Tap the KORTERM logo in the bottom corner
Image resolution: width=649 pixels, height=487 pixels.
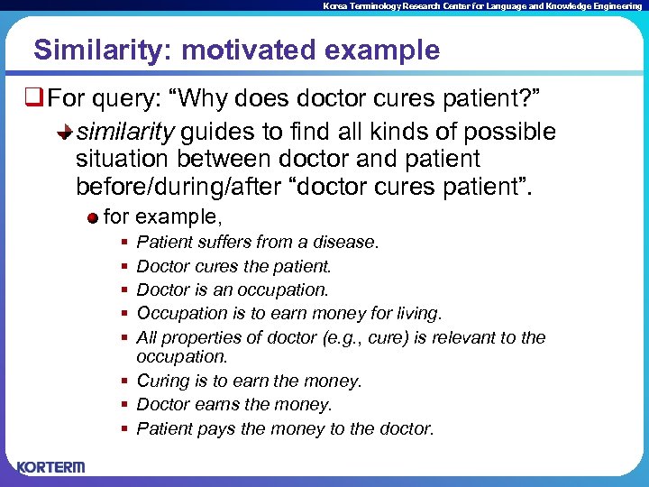50,467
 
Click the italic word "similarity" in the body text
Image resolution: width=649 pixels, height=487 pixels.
124,133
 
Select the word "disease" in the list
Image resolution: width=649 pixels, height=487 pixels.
347,243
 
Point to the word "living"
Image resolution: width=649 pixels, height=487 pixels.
417,313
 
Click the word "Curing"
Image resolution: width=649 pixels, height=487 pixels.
162,381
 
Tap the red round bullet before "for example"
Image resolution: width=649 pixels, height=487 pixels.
93,217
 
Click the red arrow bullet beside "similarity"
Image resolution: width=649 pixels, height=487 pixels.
65,133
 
